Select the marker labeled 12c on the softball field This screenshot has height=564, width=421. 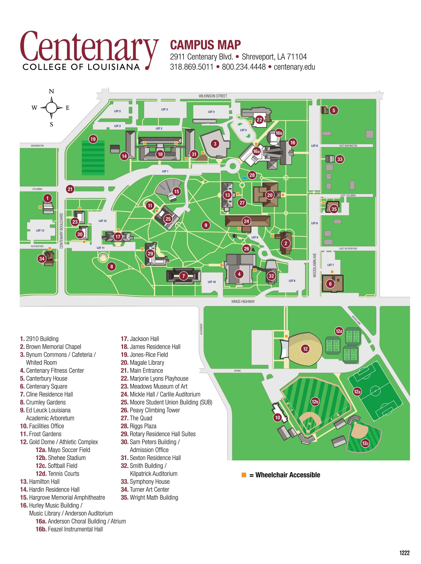pos(365,443)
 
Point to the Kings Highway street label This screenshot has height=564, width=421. pos(243,301)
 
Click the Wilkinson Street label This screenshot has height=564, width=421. pos(213,96)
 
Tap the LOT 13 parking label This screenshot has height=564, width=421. pos(40,231)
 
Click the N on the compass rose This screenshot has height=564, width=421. pos(51,91)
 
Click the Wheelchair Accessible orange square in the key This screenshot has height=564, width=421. pos(244,475)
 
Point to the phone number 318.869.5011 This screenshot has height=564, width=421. pos(191,67)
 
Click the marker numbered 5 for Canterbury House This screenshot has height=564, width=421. pos(334,110)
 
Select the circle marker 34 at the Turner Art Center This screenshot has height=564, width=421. pos(42,259)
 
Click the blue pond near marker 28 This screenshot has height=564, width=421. pos(244,178)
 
